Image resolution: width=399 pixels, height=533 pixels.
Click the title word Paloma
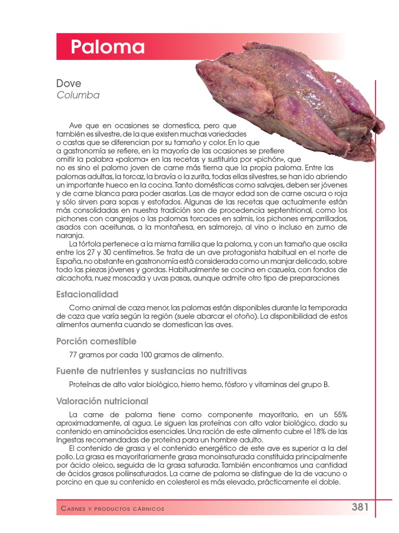(x=108, y=47)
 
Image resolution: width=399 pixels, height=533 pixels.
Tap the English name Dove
(x=69, y=83)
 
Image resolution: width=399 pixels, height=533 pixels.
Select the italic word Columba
(x=77, y=95)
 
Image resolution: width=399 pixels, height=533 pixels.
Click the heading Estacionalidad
(x=87, y=294)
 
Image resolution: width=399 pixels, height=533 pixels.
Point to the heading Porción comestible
(x=96, y=341)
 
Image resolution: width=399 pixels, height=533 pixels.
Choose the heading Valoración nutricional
(x=102, y=401)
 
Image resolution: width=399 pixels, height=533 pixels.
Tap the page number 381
(x=360, y=507)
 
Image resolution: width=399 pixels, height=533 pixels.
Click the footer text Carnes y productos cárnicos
(x=112, y=509)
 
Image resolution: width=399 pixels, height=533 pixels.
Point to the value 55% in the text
(x=340, y=414)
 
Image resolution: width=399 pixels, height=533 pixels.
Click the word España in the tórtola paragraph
(x=69, y=261)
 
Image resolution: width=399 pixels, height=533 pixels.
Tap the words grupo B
(x=315, y=385)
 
